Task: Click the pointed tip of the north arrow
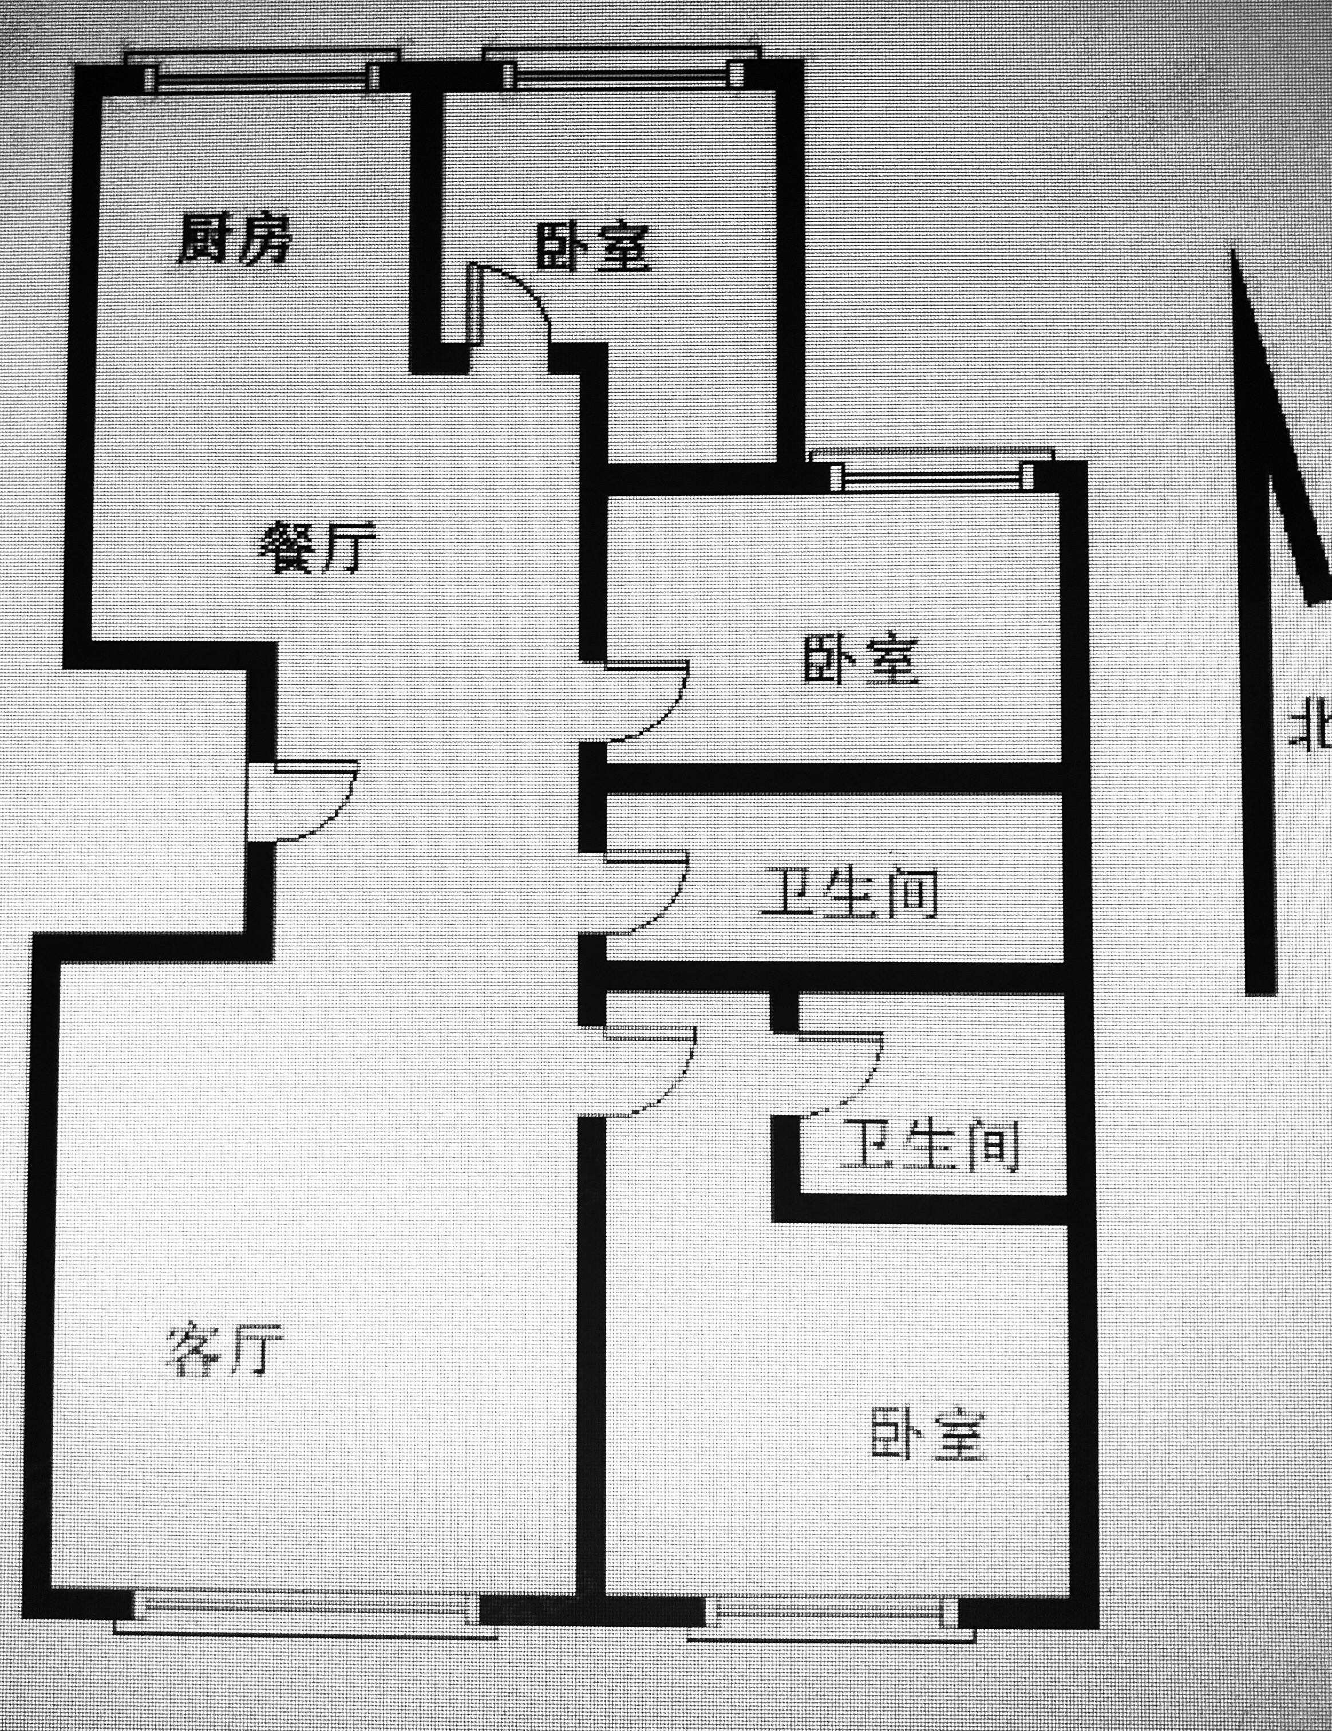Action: tap(1233, 252)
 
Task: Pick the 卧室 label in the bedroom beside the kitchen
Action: tap(592, 248)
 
